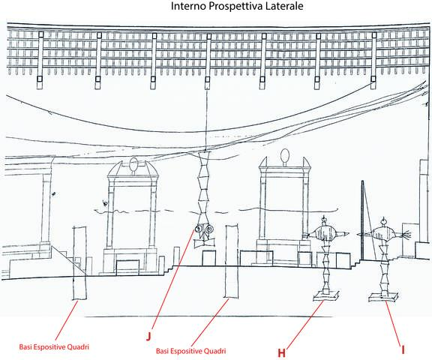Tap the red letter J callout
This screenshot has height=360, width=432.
point(148,337)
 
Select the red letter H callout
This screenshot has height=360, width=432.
point(281,352)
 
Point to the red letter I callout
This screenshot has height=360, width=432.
point(403,349)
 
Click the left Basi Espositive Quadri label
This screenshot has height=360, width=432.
point(54,346)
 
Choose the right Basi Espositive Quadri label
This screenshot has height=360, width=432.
point(191,351)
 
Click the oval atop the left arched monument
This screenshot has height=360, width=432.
point(133,164)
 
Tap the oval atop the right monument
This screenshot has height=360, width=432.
point(285,155)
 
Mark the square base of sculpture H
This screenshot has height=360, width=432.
point(326,296)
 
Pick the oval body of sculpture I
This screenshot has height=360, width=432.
point(383,234)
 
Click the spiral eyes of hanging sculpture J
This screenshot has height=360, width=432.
point(204,229)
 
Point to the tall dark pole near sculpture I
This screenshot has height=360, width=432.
point(362,220)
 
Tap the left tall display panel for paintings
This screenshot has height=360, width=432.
point(80,263)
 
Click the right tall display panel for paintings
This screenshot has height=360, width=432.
point(232,262)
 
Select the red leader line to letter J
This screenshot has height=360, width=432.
point(173,280)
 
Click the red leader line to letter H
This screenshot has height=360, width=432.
point(305,324)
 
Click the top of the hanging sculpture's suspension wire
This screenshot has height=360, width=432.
point(206,88)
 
